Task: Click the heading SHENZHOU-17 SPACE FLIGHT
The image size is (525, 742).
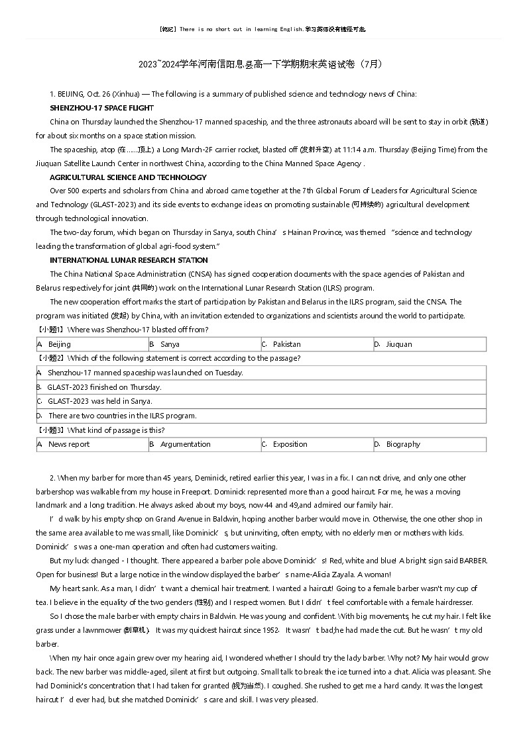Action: pyautogui.click(x=101, y=108)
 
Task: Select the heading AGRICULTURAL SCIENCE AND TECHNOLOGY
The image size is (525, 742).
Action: pyautogui.click(x=128, y=177)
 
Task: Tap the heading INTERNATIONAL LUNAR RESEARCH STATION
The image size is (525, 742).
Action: pyautogui.click(x=129, y=260)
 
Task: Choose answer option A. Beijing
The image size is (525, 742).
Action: pyautogui.click(x=59, y=344)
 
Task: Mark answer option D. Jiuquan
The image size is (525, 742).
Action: pyautogui.click(x=398, y=344)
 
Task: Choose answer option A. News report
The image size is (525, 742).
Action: pyautogui.click(x=68, y=444)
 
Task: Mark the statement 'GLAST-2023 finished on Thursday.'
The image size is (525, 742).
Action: pyautogui.click(x=104, y=387)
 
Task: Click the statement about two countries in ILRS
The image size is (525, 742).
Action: pyautogui.click(x=122, y=416)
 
